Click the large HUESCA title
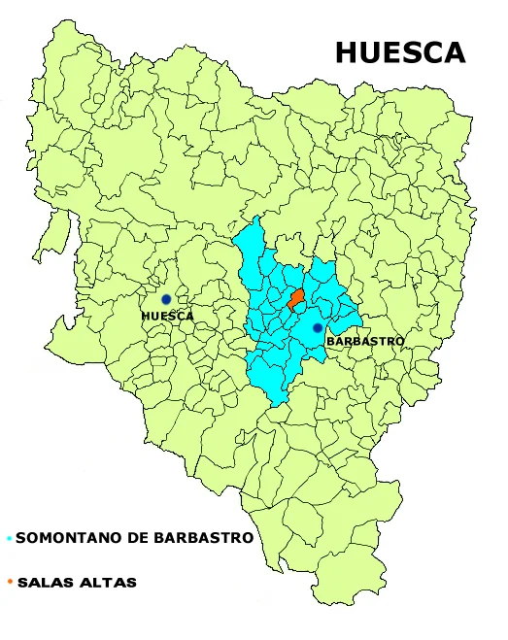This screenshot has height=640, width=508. click(x=400, y=52)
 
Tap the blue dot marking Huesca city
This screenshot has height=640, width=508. click(x=166, y=299)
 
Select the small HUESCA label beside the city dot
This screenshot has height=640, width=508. click(x=167, y=317)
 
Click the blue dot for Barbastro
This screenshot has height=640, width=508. click(x=318, y=328)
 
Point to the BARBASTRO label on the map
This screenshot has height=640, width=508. click(x=364, y=342)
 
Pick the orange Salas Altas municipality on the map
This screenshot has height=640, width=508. click(x=295, y=296)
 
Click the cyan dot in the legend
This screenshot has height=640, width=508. click(x=9, y=538)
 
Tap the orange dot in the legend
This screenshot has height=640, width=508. click(x=9, y=583)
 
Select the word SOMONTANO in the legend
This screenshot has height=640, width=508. click(x=66, y=538)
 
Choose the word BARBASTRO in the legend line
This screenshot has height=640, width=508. click(x=204, y=538)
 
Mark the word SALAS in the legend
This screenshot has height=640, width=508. click(x=43, y=583)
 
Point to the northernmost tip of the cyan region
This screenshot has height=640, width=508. click(x=259, y=220)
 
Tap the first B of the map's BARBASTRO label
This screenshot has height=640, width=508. click(x=330, y=342)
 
